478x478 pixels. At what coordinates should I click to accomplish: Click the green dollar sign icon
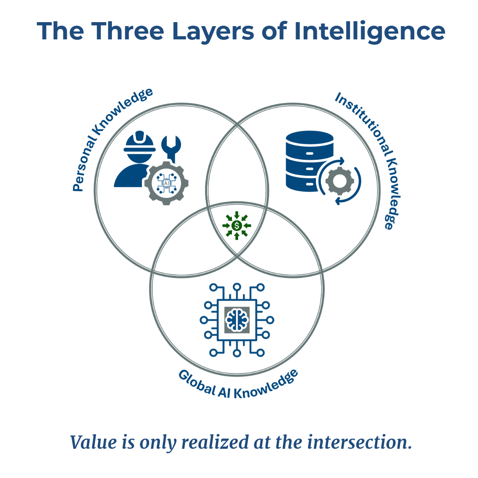(237, 226)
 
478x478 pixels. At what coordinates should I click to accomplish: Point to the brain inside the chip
(237, 318)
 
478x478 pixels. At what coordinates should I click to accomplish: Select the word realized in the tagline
(213, 442)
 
